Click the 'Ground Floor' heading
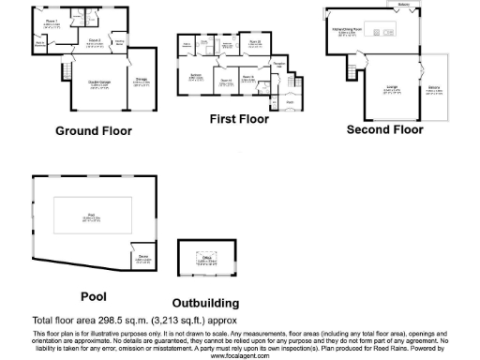pyautogui.click(x=94, y=130)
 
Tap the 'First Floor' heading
pyautogui.click(x=238, y=119)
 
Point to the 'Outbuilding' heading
pyautogui.click(x=205, y=303)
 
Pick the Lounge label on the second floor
pyautogui.click(x=392, y=89)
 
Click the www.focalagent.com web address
pyautogui.click(x=240, y=355)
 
